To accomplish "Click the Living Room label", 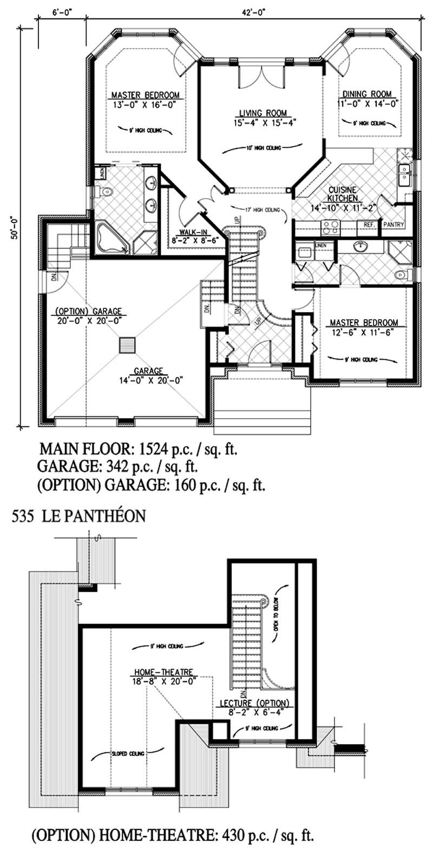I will (x=263, y=113).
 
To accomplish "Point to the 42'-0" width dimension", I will (x=253, y=8).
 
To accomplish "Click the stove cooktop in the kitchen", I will (x=330, y=227).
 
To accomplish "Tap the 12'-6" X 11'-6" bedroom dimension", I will (x=360, y=332).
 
